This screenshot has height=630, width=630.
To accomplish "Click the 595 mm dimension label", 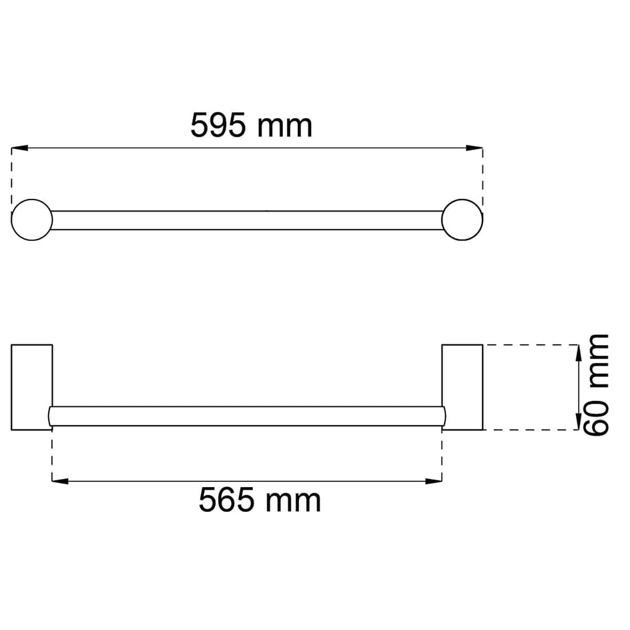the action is pyautogui.click(x=251, y=125).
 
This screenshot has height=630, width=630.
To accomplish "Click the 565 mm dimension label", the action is pyautogui.click(x=260, y=500).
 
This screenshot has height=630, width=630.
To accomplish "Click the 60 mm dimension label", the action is pyautogui.click(x=596, y=384).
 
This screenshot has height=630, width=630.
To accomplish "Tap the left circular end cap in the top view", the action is pyautogui.click(x=32, y=220).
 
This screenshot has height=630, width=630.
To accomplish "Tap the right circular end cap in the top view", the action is pyautogui.click(x=462, y=220).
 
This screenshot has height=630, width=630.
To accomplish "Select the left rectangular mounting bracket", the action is pyautogui.click(x=32, y=387).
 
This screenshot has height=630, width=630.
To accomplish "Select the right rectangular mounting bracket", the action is pyautogui.click(x=462, y=387).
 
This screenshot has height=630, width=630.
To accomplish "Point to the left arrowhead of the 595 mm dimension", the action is pyautogui.click(x=19, y=148).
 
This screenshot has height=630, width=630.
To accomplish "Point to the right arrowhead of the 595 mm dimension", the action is pyautogui.click(x=475, y=148).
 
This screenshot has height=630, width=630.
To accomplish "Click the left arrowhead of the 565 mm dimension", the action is pyautogui.click(x=60, y=481).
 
